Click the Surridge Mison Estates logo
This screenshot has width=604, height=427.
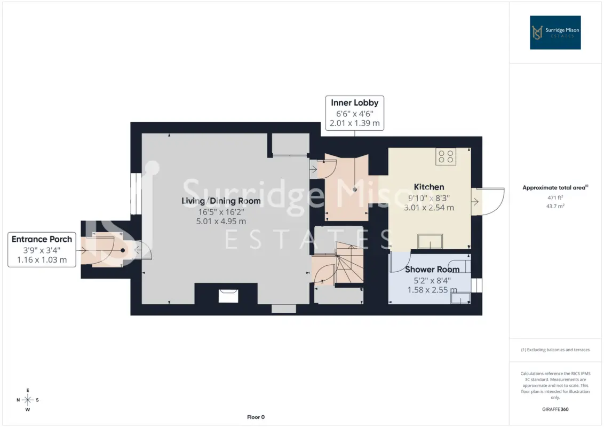coord(555,33)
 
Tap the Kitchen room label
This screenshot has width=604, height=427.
coord(429,187)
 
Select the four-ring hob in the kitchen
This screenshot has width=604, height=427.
coord(446,156)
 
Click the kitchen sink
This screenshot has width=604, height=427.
coord(430,241)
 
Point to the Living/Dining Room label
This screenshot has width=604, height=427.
coord(221,201)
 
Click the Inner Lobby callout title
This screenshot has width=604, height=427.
coord(355,103)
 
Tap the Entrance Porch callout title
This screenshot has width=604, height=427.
coord(42,239)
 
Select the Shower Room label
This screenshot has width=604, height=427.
coord(432,270)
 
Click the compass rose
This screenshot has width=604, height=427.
coord(28,400)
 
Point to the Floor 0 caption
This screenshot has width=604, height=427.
coord(256,417)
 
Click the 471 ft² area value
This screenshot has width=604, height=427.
coord(555,197)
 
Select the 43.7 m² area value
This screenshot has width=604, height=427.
coord(555,206)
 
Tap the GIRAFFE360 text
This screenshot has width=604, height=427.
coord(555,409)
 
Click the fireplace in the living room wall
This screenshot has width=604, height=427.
coord(228,296)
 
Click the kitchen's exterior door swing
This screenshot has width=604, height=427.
coord(488,201)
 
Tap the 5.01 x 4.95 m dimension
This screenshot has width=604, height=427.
coord(221,221)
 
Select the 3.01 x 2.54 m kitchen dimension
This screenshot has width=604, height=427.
coord(429,207)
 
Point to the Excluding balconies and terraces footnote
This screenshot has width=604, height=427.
coord(555,350)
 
